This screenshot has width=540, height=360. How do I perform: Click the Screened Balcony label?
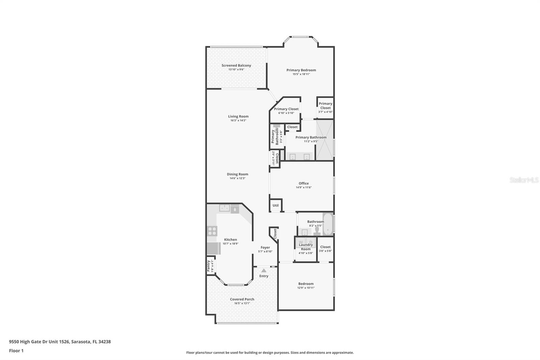236,66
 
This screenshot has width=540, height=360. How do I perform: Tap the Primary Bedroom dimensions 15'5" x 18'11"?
301,74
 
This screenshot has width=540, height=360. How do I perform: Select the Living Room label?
238,117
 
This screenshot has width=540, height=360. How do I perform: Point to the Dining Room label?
237,174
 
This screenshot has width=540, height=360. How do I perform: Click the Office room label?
303,183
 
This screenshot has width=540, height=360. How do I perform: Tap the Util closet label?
275,205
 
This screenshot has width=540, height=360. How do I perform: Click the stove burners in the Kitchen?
212,231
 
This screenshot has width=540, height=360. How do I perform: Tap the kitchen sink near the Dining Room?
224,208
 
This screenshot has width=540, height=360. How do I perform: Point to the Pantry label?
209,266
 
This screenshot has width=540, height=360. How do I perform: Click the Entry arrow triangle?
264,271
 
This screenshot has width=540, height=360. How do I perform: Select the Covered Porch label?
242,299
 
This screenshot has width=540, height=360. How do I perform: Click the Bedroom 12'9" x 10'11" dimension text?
306,288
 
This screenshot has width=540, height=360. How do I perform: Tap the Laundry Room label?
306,247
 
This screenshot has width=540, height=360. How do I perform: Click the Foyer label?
265,248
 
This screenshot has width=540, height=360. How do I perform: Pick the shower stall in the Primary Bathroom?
325,140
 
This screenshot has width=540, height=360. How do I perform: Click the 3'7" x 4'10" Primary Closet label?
325,106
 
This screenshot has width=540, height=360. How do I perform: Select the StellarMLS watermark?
524,180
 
